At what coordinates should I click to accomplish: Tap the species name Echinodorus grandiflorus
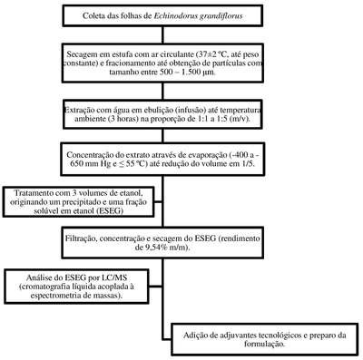point(199,16)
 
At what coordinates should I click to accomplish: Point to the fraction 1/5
point(249,164)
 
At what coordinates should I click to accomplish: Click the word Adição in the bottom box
point(194,336)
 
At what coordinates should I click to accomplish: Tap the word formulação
point(264,345)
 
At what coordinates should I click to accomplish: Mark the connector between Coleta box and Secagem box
point(163,34)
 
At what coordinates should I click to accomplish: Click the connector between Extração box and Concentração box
point(163,136)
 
